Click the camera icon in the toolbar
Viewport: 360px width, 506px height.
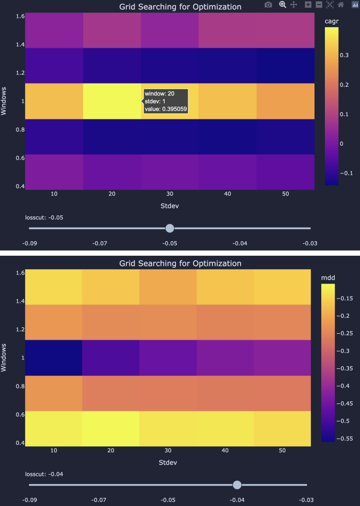point(268,5)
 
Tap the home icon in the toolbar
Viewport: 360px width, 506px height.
point(341,5)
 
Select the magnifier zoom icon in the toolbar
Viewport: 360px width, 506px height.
point(283,5)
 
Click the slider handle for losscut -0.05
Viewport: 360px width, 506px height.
point(170,228)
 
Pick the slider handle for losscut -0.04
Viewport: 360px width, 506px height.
point(237,485)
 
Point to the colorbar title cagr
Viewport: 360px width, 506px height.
point(331,21)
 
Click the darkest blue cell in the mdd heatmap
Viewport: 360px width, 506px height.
point(54,357)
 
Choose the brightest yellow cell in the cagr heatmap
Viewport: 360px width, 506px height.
point(112,101)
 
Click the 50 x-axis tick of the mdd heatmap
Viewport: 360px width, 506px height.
point(282,451)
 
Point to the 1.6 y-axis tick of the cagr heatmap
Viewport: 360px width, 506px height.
point(20,16)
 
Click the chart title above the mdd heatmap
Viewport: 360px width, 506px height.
point(180,263)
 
